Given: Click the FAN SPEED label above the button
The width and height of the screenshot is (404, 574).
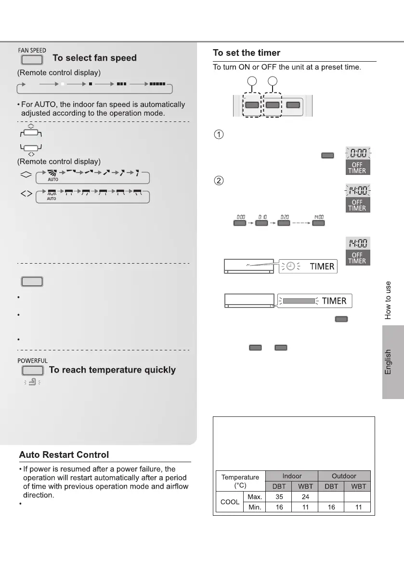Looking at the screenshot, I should (x=32, y=50).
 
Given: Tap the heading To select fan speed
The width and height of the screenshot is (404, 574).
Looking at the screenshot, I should (x=94, y=58).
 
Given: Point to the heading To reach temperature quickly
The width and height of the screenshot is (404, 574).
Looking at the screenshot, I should (x=112, y=370).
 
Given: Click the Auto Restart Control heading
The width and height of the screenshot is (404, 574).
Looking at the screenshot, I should (x=64, y=454).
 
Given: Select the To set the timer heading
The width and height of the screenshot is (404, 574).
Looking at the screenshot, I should (x=247, y=53).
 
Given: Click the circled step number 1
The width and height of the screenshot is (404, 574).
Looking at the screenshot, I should (x=218, y=134).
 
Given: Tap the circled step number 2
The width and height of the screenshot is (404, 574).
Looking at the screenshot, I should (x=218, y=182).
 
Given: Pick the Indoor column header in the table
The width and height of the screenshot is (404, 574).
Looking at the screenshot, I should (x=292, y=476).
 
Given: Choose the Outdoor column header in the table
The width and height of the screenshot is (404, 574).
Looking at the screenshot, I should (x=344, y=476).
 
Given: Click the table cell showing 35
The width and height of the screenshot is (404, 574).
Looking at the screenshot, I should (x=279, y=496).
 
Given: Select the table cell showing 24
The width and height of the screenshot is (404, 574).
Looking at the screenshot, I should (x=305, y=496).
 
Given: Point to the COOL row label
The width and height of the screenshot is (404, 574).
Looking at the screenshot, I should (x=230, y=502).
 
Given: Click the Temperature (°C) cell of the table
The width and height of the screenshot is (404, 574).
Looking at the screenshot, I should (x=240, y=481).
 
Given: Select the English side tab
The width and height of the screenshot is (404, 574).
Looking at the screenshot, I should (x=389, y=361).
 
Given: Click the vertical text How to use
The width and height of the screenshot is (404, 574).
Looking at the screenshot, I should (x=388, y=300).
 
